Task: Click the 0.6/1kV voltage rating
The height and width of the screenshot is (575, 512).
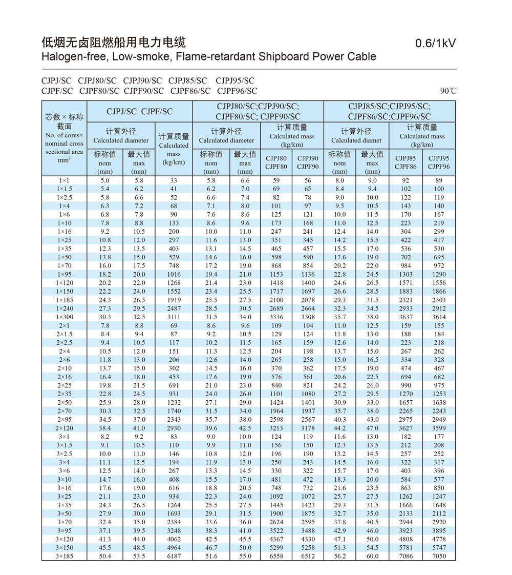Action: [435, 44]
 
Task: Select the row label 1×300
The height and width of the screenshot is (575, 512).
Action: [65, 317]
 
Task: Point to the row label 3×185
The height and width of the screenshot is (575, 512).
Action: [65, 556]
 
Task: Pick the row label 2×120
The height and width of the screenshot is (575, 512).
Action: [65, 428]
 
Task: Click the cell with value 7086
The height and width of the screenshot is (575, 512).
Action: [406, 556]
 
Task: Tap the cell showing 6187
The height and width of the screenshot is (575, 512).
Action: [174, 556]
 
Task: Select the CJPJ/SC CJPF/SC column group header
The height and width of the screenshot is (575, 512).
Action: [140, 111]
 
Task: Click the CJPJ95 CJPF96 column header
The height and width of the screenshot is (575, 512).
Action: [439, 162]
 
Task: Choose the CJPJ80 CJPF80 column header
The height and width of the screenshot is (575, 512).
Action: [276, 162]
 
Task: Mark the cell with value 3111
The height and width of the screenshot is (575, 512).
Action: [174, 317]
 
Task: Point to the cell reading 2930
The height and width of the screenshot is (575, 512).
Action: [174, 428]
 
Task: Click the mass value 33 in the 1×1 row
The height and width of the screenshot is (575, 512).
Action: [174, 180]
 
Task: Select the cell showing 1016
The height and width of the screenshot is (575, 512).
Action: [174, 274]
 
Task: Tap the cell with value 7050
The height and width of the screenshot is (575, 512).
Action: [439, 556]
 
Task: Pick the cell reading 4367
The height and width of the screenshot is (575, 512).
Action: [276, 539]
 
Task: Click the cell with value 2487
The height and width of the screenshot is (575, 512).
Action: [174, 309]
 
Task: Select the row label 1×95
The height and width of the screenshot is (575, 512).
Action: [65, 274]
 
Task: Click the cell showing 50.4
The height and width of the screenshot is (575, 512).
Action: [105, 556]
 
